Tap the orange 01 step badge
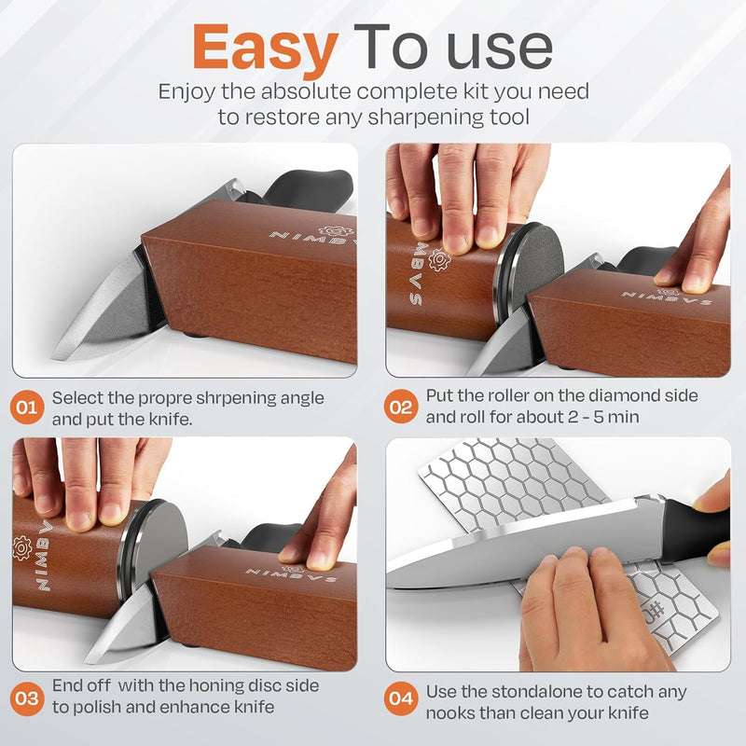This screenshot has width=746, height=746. click(28, 408)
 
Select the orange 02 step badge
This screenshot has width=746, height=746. click(402, 408)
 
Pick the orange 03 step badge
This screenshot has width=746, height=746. click(28, 697)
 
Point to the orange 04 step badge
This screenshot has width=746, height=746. click(402, 697)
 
